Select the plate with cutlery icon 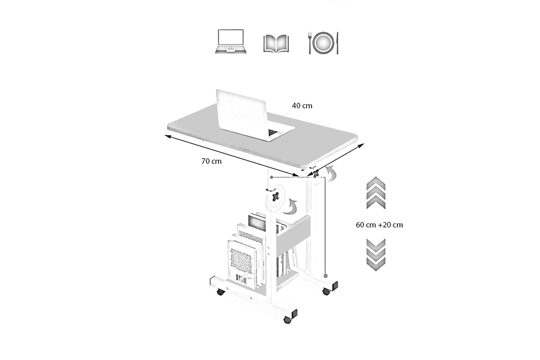tap(323, 43)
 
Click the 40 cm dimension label tap(302, 106)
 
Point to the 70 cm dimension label tap(211, 161)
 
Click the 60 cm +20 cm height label tap(379, 225)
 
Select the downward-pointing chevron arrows tap(376, 255)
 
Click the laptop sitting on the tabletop tap(247, 115)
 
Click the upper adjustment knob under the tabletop tap(315, 173)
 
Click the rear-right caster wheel tap(326, 291)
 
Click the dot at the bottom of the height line tap(325, 276)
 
